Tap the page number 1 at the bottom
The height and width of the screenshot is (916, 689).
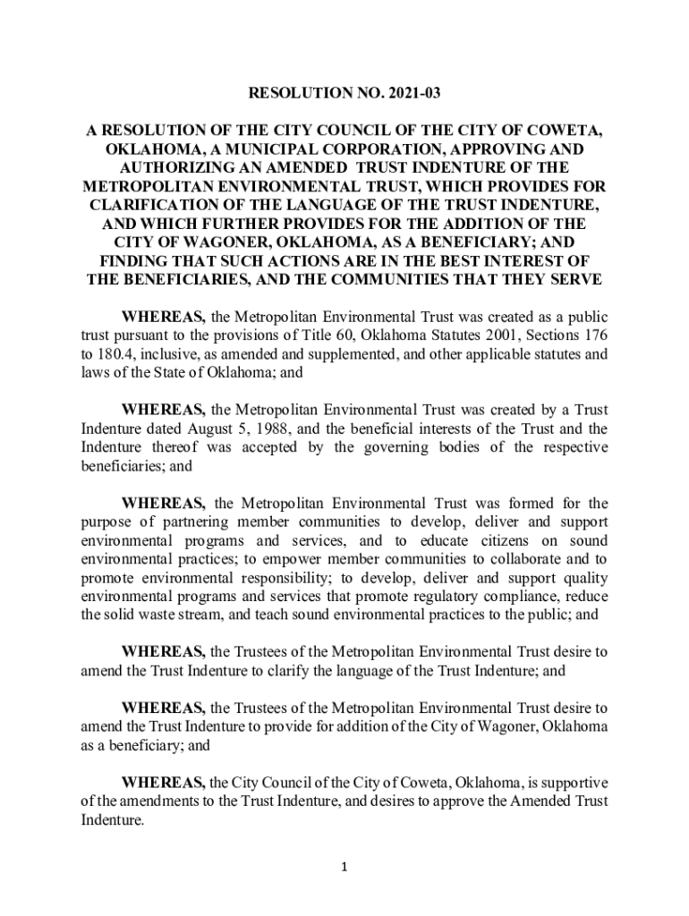(x=344, y=866)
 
